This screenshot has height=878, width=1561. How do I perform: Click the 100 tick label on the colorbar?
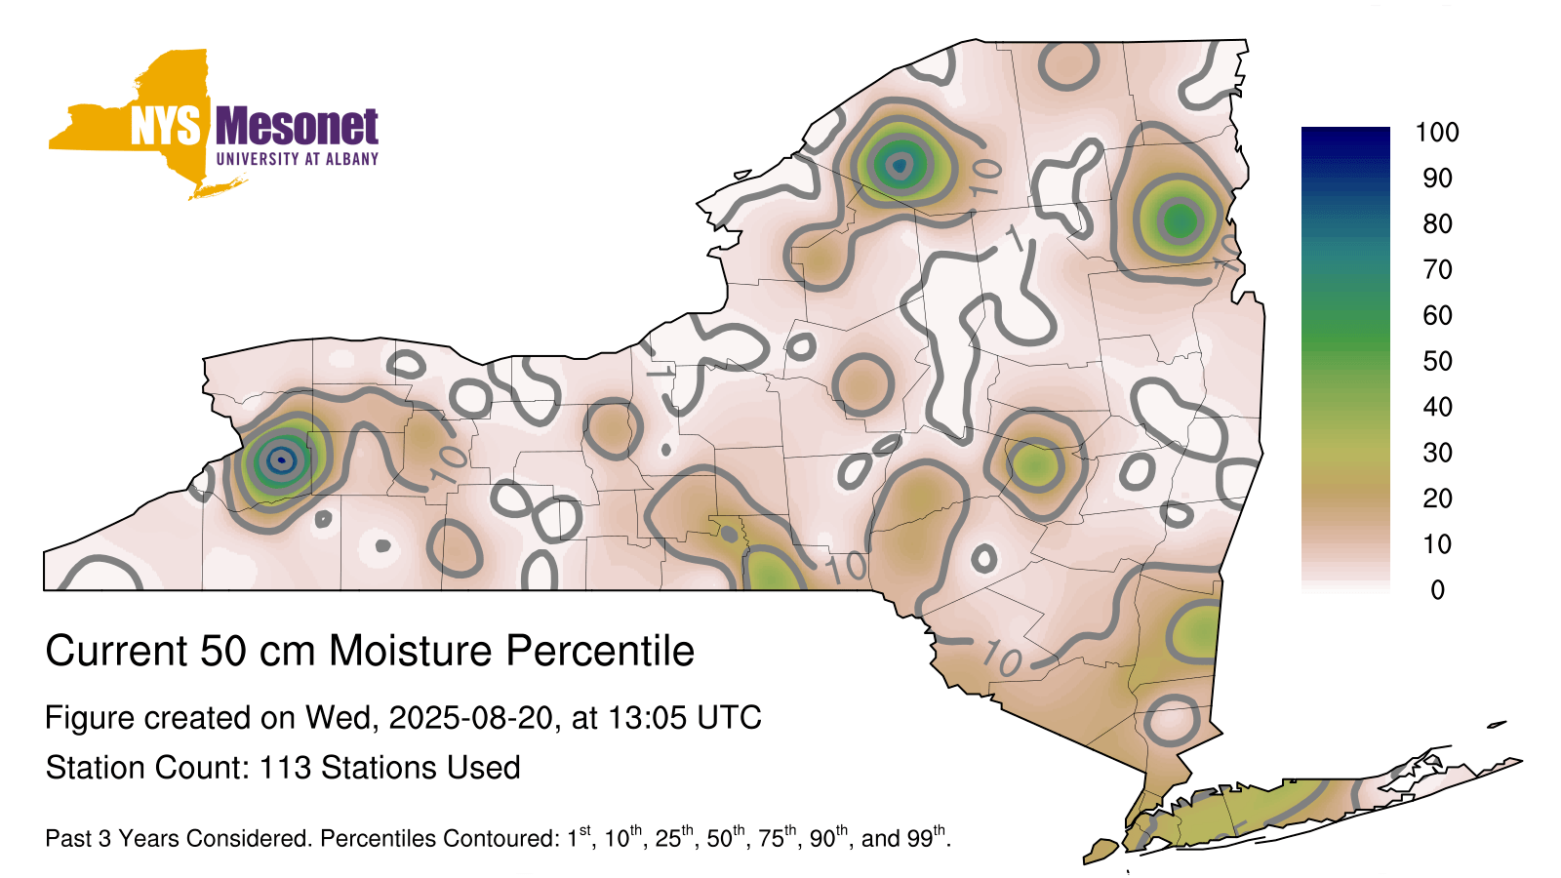tap(1437, 133)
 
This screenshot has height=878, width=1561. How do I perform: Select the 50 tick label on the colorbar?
tap(1437, 361)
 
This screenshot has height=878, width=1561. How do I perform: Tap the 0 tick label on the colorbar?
tap(1437, 590)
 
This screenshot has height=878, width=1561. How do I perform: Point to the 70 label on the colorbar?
tap(1437, 269)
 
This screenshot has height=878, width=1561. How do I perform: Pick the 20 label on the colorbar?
tap(1437, 499)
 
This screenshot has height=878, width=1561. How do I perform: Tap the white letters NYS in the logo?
tap(166, 126)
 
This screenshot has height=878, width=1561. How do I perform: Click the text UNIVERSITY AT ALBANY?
tap(298, 159)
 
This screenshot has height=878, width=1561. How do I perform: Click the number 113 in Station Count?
tap(285, 768)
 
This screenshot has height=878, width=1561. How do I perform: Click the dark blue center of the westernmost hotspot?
tap(282, 459)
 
